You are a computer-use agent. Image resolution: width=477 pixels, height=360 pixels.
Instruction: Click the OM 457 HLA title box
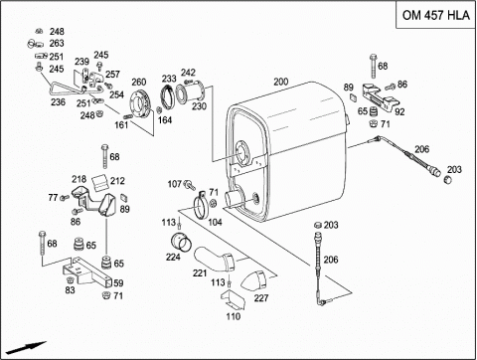click(x=436, y=15)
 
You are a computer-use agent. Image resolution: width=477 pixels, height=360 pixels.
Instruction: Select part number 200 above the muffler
click(x=281, y=82)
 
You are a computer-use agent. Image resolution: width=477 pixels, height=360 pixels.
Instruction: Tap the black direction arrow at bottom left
click(x=26, y=348)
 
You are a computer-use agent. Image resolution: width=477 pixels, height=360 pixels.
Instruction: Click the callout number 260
click(x=139, y=82)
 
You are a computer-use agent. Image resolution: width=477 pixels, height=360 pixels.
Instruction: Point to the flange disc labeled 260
click(x=140, y=103)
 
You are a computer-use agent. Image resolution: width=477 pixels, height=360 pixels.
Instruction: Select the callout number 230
click(x=199, y=106)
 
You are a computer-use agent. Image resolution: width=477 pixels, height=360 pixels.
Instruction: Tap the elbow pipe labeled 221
click(x=214, y=259)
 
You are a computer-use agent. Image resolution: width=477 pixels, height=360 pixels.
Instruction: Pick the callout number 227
click(x=261, y=298)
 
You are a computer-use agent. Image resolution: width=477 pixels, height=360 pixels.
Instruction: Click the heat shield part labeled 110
click(x=233, y=299)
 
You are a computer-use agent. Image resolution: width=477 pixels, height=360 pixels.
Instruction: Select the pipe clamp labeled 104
click(x=201, y=205)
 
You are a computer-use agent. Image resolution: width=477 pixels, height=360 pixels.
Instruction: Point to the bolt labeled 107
click(x=190, y=185)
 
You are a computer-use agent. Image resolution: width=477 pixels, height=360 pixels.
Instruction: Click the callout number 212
click(x=117, y=181)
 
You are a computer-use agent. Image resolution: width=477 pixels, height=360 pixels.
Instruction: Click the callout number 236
click(x=58, y=102)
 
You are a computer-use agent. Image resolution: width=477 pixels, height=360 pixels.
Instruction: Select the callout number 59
click(x=118, y=283)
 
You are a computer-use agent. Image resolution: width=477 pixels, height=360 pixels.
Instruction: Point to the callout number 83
click(x=70, y=290)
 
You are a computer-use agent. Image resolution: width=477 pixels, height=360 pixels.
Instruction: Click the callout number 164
click(x=165, y=119)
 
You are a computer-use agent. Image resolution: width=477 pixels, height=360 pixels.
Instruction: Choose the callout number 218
click(x=79, y=179)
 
